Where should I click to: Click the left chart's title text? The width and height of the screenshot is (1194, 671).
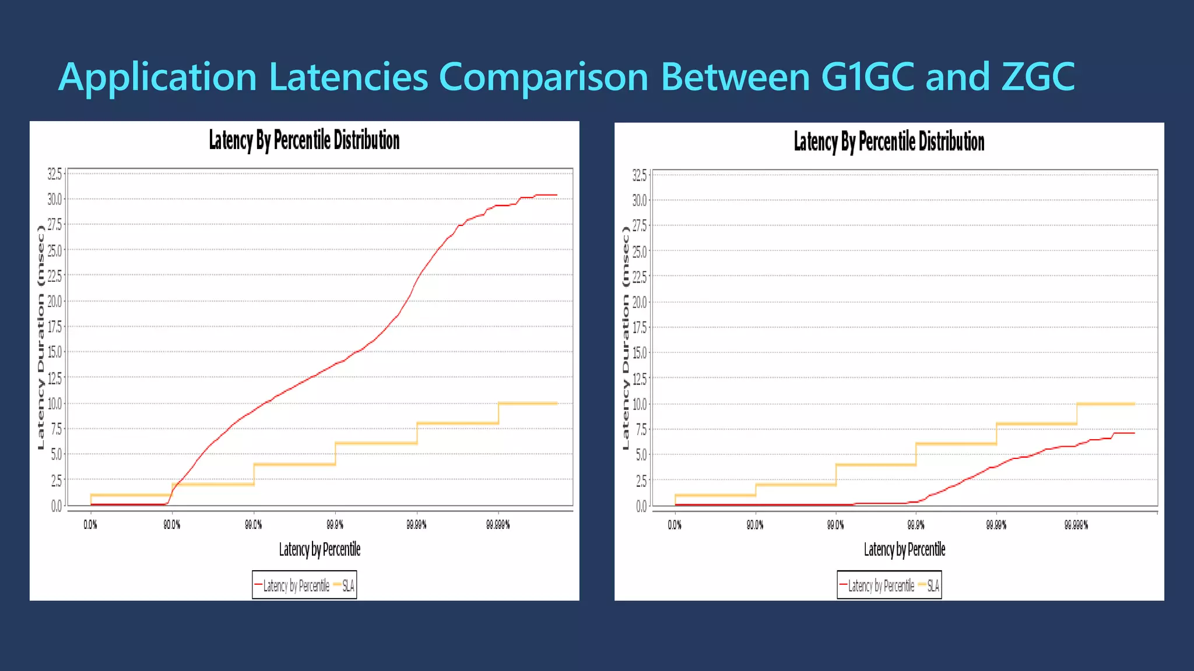pyautogui.click(x=304, y=140)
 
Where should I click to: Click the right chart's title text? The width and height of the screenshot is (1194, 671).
pyautogui.click(x=889, y=142)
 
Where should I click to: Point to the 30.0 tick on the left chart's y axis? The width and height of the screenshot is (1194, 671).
pyautogui.click(x=55, y=199)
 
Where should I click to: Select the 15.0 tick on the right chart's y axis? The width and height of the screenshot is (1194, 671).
pyautogui.click(x=640, y=353)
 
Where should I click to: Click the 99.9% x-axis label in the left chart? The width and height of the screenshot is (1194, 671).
pyautogui.click(x=335, y=525)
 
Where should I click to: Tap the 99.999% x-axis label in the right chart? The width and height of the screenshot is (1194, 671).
pyautogui.click(x=1076, y=525)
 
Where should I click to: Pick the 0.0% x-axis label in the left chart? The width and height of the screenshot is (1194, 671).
pyautogui.click(x=90, y=525)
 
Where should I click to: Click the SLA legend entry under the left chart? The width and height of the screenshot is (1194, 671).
pyautogui.click(x=347, y=586)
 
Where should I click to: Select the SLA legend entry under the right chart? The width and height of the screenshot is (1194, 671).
pyautogui.click(x=932, y=586)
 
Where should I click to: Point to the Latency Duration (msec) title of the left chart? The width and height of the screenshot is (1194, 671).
pyautogui.click(x=41, y=338)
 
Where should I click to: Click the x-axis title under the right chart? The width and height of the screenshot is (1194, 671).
pyautogui.click(x=904, y=549)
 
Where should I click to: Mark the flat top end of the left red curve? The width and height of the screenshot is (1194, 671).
pyautogui.click(x=547, y=195)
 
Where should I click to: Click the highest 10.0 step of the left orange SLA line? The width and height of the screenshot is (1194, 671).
pyautogui.click(x=528, y=403)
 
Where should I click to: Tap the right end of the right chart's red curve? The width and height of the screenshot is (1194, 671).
pyautogui.click(x=1133, y=433)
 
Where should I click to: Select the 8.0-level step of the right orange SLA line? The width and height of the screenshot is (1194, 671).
pyautogui.click(x=1037, y=424)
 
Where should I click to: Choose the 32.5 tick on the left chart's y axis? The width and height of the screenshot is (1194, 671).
pyautogui.click(x=55, y=174)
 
